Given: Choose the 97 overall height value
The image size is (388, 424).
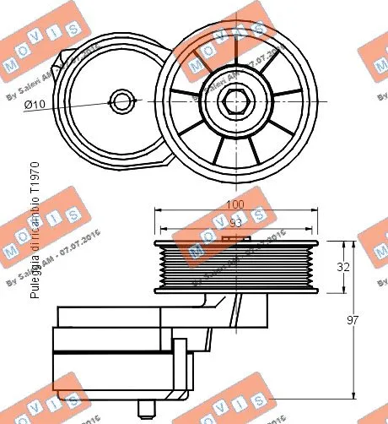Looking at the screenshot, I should point(364,321).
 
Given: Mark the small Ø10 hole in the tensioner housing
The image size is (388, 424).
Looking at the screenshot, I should point(124,102).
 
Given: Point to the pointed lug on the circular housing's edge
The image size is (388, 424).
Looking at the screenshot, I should point(62,61).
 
